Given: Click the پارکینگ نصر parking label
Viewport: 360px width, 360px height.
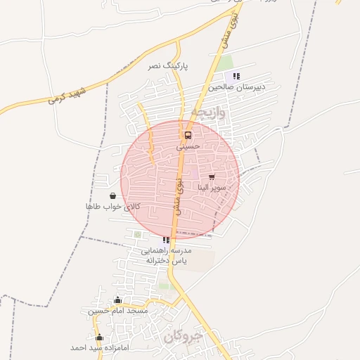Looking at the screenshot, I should (x=164, y=65).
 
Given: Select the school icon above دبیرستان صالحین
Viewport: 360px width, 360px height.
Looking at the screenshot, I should (x=237, y=76).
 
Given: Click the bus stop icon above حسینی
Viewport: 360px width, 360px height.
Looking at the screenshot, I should (x=188, y=135).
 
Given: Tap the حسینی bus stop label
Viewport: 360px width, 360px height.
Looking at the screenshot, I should (x=188, y=146).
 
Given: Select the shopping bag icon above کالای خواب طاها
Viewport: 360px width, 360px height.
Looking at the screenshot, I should (x=112, y=195).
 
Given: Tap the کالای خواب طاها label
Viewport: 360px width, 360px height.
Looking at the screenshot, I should (x=112, y=207).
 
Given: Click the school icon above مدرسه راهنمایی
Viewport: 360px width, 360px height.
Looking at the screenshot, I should (x=166, y=240).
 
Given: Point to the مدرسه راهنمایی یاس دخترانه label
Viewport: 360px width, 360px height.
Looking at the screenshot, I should (x=167, y=255).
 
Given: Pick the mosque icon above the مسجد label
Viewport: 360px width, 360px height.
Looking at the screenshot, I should (x=117, y=300).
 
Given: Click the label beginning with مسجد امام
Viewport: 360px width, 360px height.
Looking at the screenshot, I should (x=117, y=310).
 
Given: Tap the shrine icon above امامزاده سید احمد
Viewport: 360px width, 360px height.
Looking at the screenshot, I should (x=98, y=337).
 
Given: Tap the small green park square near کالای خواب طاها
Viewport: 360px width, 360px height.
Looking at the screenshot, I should (x=138, y=234).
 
